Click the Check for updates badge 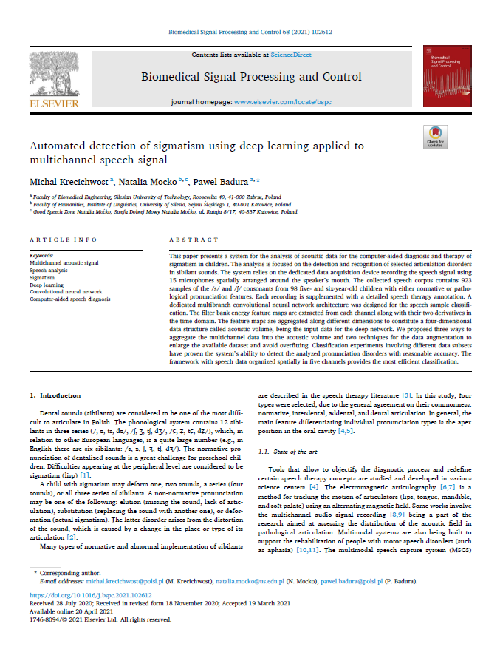point(435,137)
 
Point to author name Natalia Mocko point(148,182)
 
